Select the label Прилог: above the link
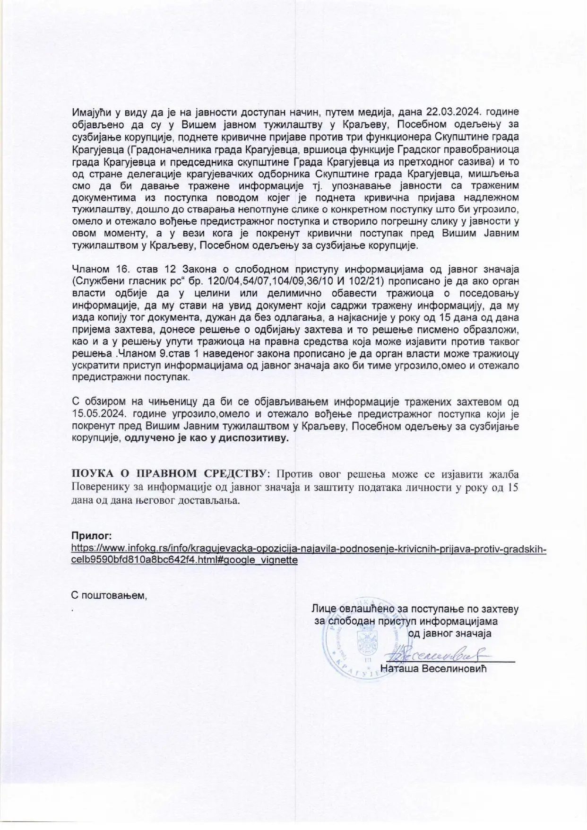[x=91, y=536]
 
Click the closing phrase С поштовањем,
[x=109, y=595]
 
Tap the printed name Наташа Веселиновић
[x=433, y=669]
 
